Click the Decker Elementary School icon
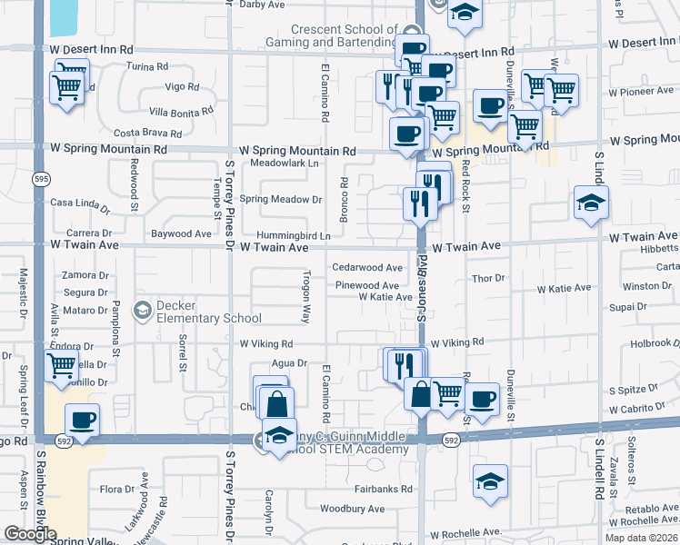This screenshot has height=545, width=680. (142, 311)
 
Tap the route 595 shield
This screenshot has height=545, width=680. (41, 180)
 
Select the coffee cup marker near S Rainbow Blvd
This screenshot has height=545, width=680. (82, 421)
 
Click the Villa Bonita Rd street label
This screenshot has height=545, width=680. (181, 112)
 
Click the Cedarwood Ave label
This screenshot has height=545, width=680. (367, 267)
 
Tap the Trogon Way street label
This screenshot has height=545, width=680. (306, 297)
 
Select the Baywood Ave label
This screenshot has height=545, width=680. (182, 233)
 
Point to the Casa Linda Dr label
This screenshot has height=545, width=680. (79, 204)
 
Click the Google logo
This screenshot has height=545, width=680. (30, 534)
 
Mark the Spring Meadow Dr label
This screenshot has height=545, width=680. (281, 199)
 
